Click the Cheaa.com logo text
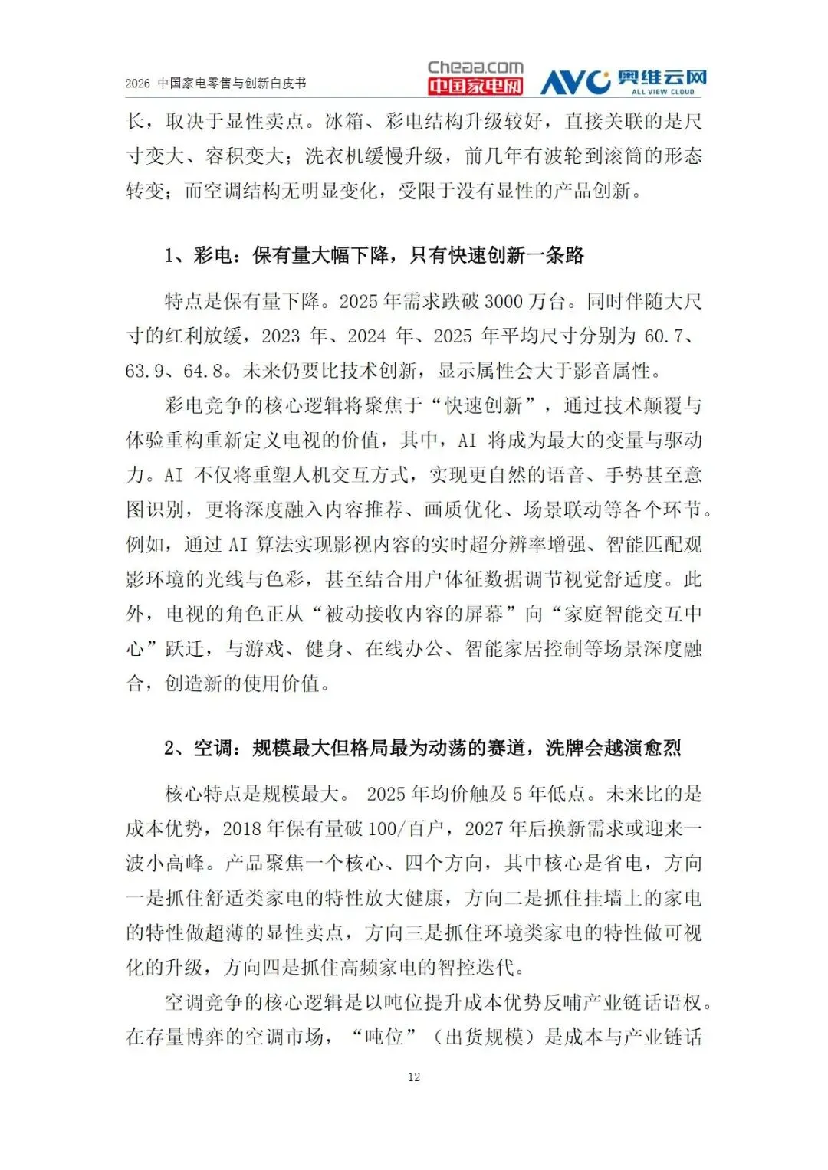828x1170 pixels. [475, 67]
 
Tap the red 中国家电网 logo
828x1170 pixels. [475, 86]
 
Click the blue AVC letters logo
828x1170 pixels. [574, 81]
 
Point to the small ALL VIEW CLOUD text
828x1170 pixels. [662, 92]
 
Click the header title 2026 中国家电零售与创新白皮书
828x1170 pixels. [215, 84]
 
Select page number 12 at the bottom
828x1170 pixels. [414, 1077]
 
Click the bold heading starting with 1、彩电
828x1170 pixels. [374, 255]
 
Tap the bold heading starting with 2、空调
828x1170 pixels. [422, 748]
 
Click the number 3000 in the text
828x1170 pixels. [504, 301]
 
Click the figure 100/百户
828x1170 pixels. [406, 828]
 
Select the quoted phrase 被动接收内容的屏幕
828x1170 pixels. [414, 614]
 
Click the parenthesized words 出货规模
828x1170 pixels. [485, 1037]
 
